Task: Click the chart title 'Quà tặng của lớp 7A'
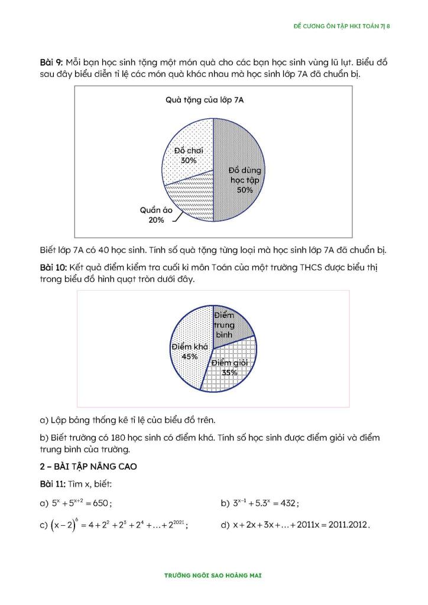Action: [205, 100]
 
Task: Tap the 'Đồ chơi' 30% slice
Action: [189, 142]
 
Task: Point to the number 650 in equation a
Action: [101, 503]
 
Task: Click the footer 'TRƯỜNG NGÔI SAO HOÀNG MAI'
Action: [213, 574]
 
